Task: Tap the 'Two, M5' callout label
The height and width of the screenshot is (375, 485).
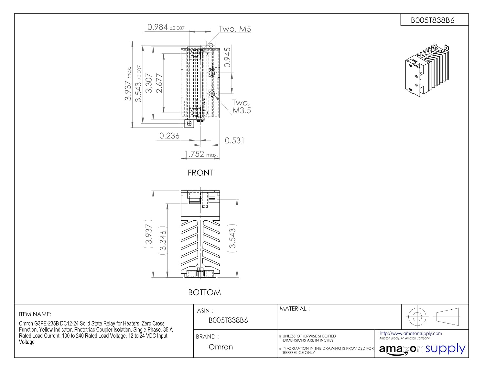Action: click(235, 29)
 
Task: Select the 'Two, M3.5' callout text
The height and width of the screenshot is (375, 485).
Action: click(241, 106)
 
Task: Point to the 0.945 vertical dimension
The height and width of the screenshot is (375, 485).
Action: click(227, 57)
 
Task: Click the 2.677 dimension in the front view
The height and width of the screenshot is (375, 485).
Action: click(159, 83)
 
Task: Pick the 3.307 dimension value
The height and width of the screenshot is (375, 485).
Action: click(149, 83)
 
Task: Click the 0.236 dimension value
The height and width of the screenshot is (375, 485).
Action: click(169, 136)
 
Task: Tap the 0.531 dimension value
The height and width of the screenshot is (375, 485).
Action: click(234, 140)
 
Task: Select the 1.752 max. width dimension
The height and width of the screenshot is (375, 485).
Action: click(201, 154)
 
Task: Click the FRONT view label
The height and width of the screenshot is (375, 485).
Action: click(200, 173)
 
